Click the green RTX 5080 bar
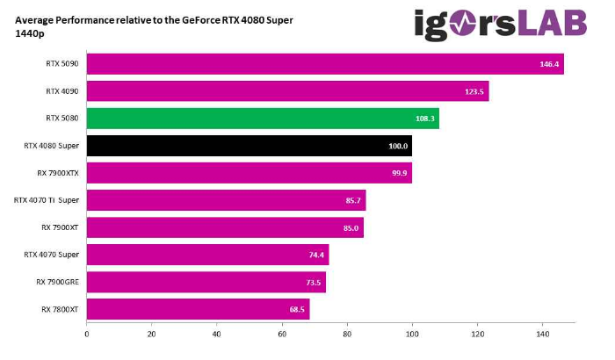262,118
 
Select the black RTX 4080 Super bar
249,145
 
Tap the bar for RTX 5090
324,63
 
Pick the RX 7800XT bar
198,309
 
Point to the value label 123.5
475,91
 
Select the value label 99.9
399,173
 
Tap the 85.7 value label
353,200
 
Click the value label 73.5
314,283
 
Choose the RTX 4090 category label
62,90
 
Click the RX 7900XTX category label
58,172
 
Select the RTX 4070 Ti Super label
47,200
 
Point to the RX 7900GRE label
58,282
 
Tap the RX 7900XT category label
60,227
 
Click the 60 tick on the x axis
282,335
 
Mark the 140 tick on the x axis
542,335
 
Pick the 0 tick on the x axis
87,335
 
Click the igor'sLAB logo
500,24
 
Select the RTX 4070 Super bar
207,255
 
